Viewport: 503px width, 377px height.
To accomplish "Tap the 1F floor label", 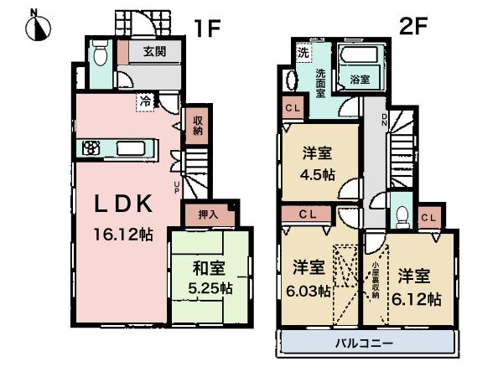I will pyautogui.click(x=207, y=28).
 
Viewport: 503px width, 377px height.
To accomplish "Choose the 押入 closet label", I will pyautogui.click(x=207, y=215).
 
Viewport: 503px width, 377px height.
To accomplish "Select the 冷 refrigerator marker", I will pyautogui.click(x=147, y=101).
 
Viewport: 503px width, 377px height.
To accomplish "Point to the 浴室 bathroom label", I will pyautogui.click(x=359, y=80).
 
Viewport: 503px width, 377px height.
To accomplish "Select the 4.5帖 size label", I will pyautogui.click(x=319, y=176).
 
